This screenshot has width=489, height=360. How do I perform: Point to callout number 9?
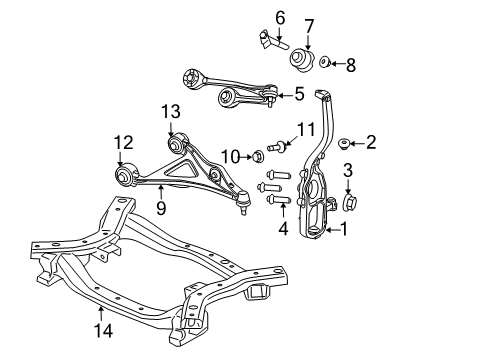[160, 209]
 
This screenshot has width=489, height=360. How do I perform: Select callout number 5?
[300, 96]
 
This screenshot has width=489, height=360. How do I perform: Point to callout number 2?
[371, 143]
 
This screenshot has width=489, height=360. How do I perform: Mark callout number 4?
[284, 229]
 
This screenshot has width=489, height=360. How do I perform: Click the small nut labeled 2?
[344, 143]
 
